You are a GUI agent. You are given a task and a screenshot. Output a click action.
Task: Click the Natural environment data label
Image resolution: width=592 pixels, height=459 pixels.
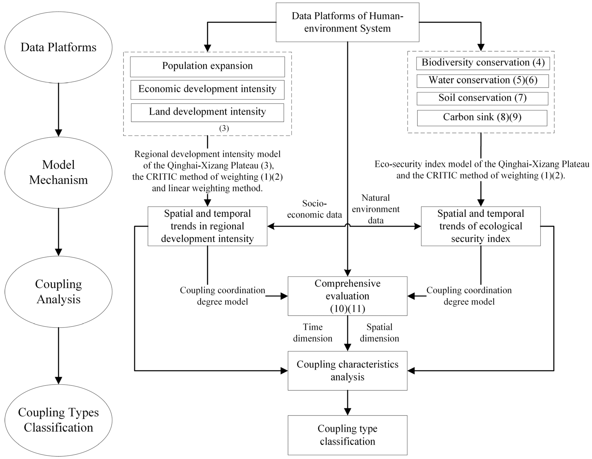tap(375, 209)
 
